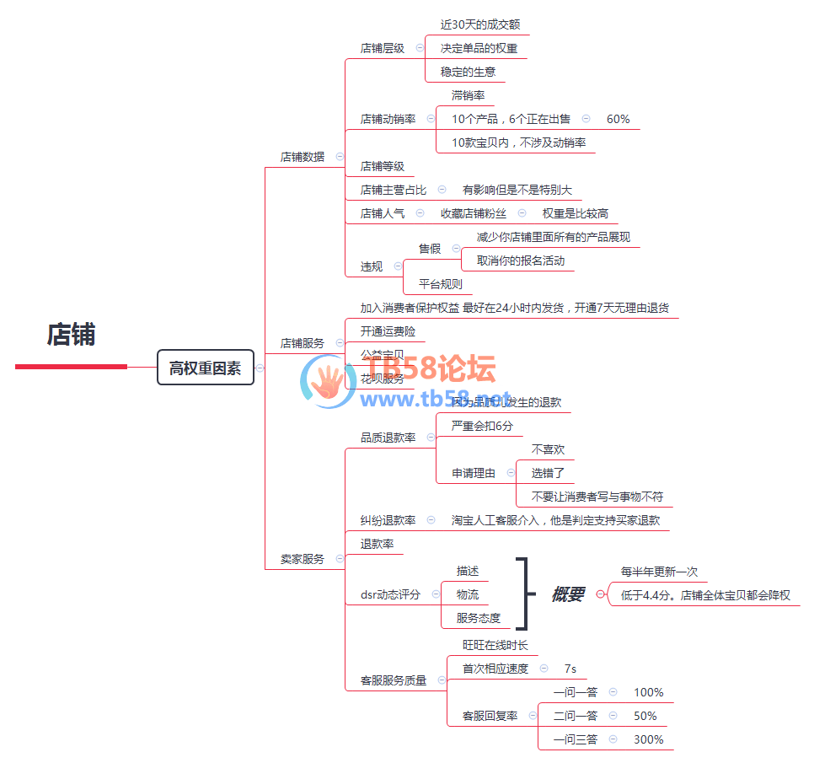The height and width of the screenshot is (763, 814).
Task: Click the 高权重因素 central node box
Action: tap(205, 368)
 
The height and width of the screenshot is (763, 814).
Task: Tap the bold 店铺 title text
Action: tap(71, 335)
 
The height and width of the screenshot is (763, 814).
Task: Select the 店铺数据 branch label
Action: tap(302, 156)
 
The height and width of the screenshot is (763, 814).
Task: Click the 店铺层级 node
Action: tap(382, 48)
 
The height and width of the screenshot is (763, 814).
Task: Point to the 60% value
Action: tap(618, 119)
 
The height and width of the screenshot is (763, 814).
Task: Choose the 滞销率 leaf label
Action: tap(468, 95)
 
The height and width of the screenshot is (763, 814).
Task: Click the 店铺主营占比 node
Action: tap(393, 190)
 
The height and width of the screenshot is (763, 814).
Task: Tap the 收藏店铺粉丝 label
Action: tap(473, 213)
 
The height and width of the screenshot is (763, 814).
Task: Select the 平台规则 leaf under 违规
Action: tap(440, 284)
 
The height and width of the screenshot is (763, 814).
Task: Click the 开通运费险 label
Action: tap(388, 331)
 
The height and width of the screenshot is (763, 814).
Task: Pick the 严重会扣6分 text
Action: tap(481, 426)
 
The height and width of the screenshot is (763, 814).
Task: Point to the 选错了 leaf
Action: tap(548, 473)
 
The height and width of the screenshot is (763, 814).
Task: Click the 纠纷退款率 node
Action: tap(388, 520)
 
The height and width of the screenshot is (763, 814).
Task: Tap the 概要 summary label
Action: tap(567, 594)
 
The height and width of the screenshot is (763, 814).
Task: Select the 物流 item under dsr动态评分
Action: tap(467, 594)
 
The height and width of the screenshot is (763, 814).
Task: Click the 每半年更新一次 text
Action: tap(659, 572)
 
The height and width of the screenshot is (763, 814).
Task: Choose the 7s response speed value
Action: tap(570, 669)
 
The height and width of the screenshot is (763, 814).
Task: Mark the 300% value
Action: tap(648, 739)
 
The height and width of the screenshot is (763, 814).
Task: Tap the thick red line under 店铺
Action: tap(71, 367)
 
